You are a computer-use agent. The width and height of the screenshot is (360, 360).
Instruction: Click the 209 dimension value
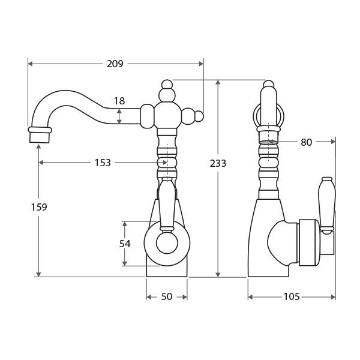coord(115,64)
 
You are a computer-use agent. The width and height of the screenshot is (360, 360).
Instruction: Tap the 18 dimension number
coord(119,101)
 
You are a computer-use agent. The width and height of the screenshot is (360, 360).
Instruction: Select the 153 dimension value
coord(103,163)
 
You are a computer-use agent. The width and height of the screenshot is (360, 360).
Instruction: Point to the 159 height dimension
coord(39,207)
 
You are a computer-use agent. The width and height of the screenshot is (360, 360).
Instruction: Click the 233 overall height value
coord(218,163)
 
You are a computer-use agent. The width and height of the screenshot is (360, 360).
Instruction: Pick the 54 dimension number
coord(125,243)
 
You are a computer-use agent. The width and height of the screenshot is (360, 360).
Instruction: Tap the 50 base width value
coord(167,297)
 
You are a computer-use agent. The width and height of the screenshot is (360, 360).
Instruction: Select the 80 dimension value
coord(306,142)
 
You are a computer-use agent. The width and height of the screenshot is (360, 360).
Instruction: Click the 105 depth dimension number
coord(292,297)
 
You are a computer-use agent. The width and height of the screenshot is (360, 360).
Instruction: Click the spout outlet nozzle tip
coord(40,136)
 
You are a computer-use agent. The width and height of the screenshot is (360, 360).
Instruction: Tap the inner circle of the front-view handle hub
coord(167,243)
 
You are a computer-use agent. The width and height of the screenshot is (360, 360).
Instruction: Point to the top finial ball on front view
coord(167,85)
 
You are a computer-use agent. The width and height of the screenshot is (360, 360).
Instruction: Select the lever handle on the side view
coord(326,204)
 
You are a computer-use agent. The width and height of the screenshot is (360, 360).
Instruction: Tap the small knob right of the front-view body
coord(199,116)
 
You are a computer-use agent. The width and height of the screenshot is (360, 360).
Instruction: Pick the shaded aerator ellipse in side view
coord(268,143)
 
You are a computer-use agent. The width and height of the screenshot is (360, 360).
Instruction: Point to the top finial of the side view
coord(269,85)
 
